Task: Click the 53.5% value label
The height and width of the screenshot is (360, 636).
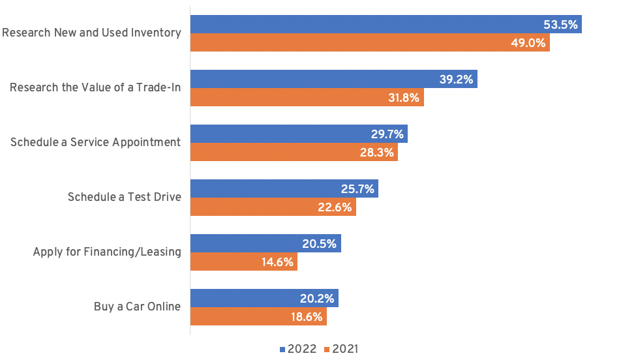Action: click(x=561, y=25)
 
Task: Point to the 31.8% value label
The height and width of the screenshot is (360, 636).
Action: click(x=404, y=98)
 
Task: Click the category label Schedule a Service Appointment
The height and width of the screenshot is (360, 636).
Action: click(x=95, y=142)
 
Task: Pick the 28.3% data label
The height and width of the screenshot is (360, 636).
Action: click(x=378, y=153)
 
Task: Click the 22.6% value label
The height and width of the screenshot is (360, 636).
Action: click(x=336, y=207)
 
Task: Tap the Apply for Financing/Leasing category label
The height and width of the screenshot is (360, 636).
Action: click(x=107, y=252)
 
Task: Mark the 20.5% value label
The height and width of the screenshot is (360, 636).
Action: click(x=320, y=244)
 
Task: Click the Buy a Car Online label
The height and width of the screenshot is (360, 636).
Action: click(x=137, y=306)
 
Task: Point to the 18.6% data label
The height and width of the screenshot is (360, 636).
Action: click(x=307, y=317)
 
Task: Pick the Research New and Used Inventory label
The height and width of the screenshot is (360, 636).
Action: click(x=91, y=33)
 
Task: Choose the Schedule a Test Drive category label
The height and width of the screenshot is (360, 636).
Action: click(x=124, y=197)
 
